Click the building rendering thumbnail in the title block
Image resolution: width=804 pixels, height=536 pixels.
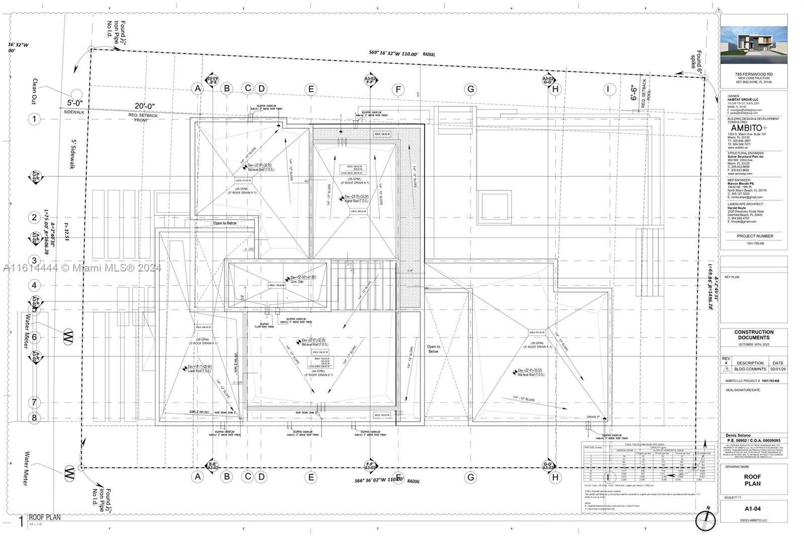753,45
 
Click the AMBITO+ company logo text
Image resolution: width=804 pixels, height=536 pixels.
749,128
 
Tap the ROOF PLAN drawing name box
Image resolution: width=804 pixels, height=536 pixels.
752,480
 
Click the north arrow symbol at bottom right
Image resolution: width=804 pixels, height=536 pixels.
705,520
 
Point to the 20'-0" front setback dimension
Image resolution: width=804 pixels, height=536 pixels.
144,106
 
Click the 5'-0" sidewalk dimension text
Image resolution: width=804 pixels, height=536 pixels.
75,103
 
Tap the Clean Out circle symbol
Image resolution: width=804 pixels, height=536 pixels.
76,94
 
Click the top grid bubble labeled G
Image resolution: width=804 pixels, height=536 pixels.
471,90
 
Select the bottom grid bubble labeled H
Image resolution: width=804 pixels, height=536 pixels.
555,477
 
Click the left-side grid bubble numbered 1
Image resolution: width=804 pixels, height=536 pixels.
34,119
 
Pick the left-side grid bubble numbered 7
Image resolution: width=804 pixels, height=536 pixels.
34,402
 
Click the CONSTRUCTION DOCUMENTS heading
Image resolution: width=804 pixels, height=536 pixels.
753,335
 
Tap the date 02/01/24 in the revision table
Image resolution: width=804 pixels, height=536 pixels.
777,369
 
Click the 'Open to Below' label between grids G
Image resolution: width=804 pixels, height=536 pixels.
433,349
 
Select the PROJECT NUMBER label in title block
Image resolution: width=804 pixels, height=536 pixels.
755,236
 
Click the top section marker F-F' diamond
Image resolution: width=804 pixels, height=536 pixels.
371,79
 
